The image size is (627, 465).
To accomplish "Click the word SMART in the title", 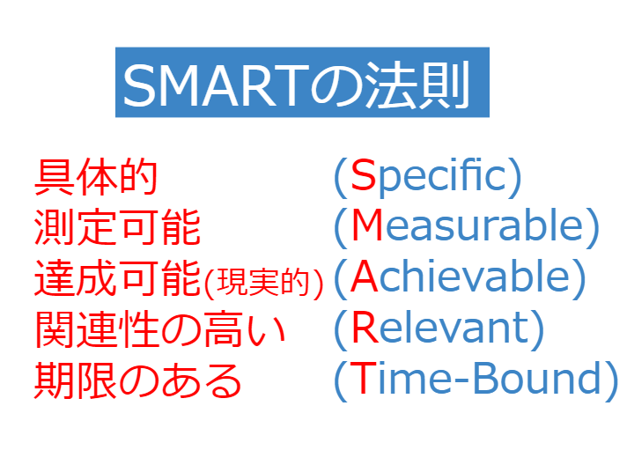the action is (x=217, y=86).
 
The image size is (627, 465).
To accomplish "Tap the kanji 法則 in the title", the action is (x=418, y=85).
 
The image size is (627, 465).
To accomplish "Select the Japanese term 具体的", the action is (x=96, y=177).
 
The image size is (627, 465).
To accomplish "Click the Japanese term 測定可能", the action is (x=117, y=226).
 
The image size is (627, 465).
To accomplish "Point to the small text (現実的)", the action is (x=263, y=283).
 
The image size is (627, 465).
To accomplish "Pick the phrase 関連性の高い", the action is (x=160, y=329).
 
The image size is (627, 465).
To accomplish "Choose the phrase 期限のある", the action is (x=138, y=380).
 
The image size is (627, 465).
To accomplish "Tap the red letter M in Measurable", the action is (x=367, y=225).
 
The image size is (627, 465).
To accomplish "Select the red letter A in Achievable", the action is (x=364, y=276).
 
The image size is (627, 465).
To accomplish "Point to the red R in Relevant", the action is (x=365, y=327).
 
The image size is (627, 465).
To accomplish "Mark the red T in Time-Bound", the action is (x=363, y=377).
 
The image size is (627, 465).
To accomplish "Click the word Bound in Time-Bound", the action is (x=536, y=378).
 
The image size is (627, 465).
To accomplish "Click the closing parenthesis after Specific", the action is (x=515, y=177).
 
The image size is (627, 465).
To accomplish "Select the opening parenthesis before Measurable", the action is (x=341, y=227).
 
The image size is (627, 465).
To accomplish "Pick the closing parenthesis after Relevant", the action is (x=537, y=329).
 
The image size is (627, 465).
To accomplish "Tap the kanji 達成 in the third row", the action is (x=76, y=277).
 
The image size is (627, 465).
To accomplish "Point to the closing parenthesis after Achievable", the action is (x=579, y=278).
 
